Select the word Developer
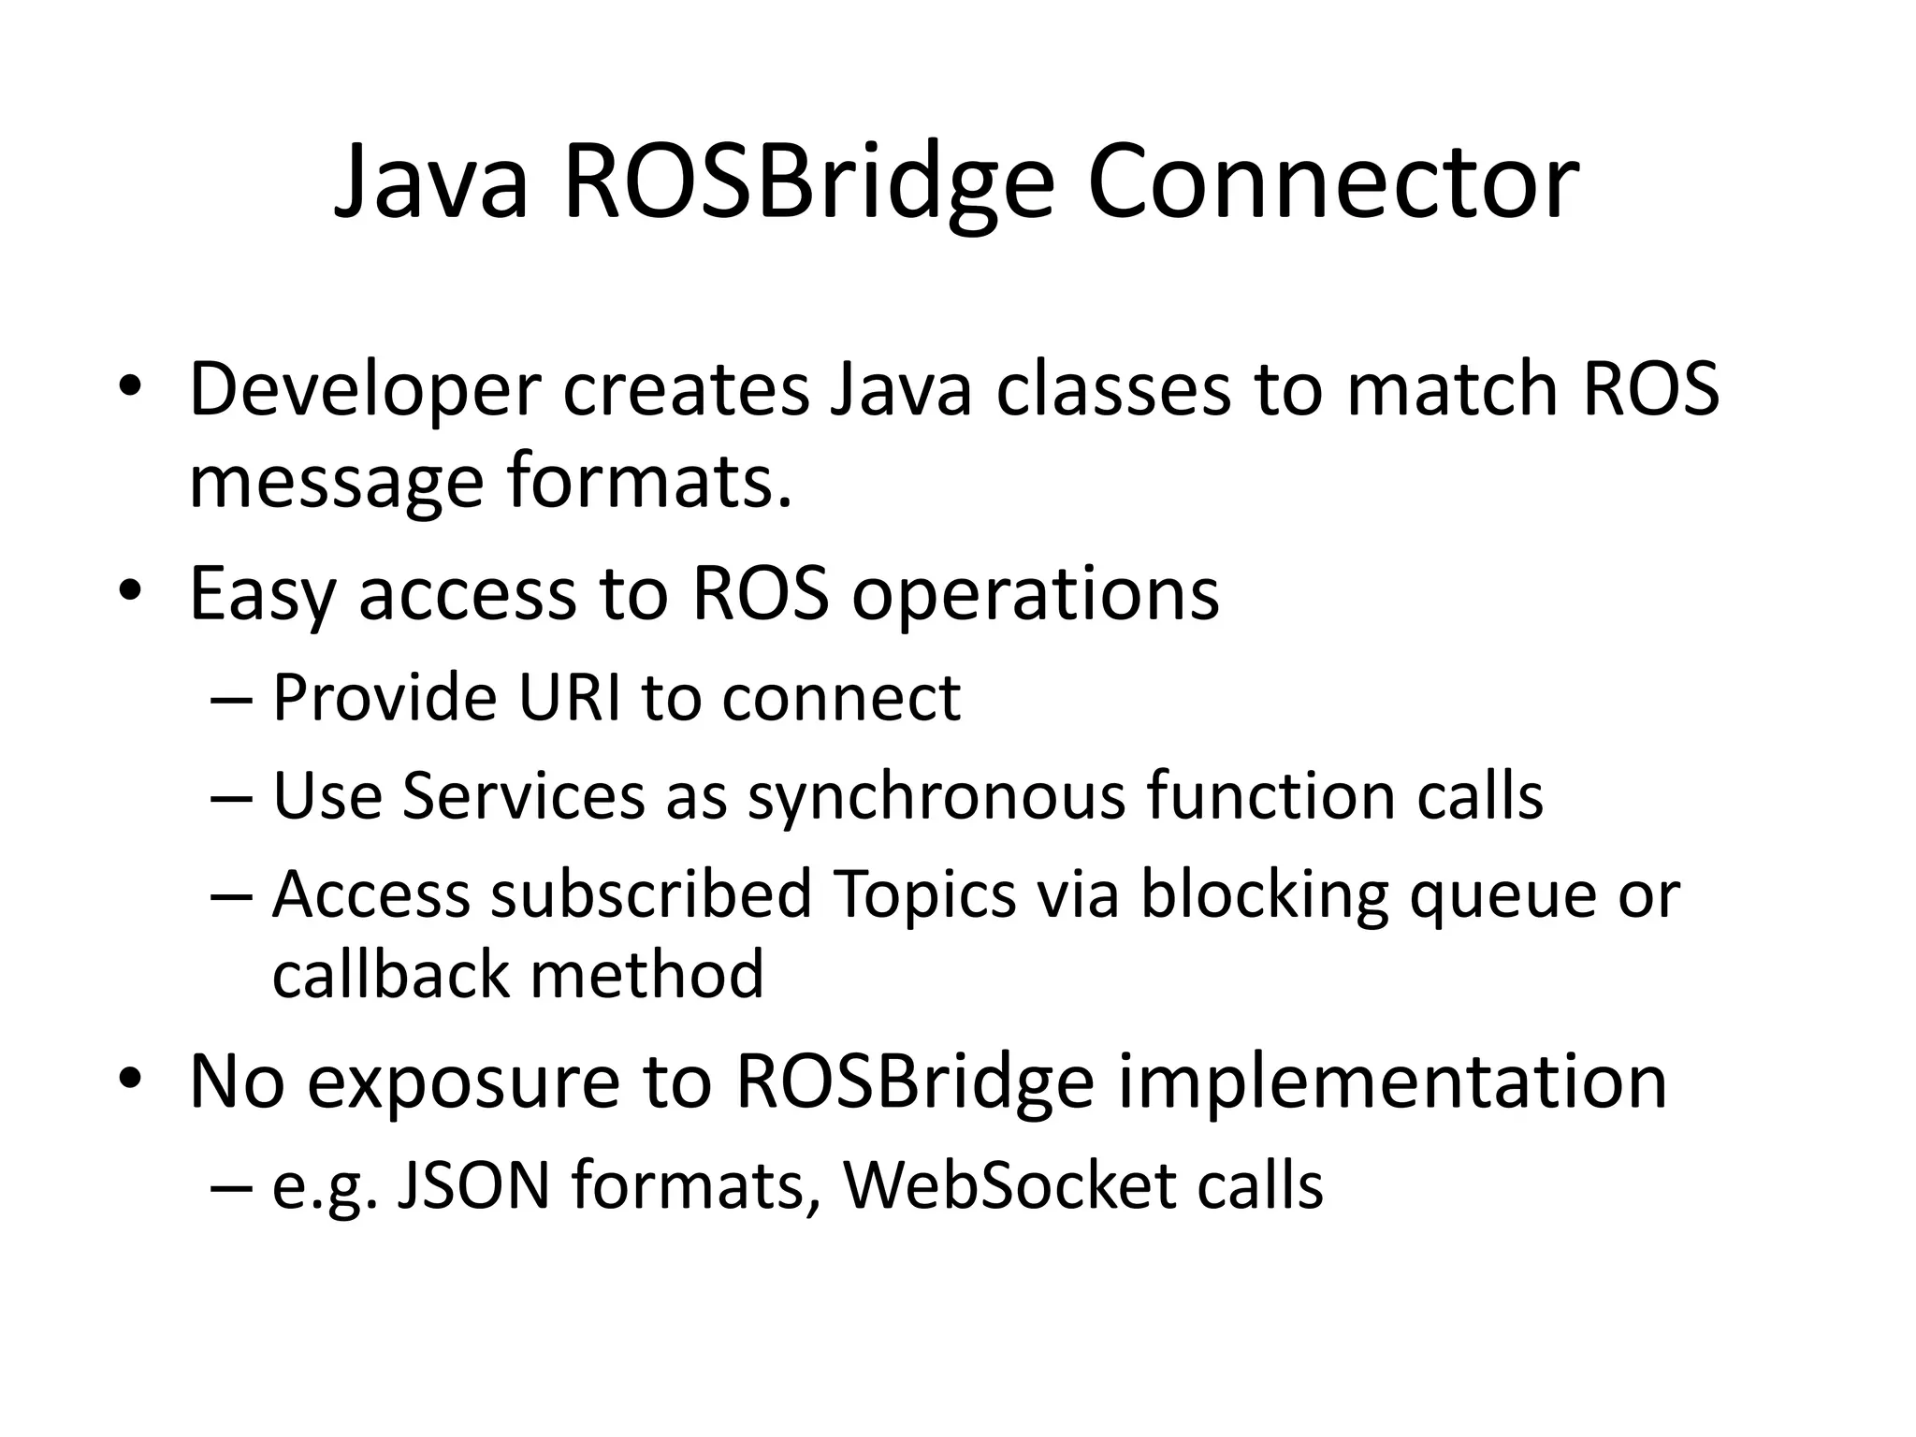[x=365, y=389]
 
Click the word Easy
[x=263, y=594]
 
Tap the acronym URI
[x=569, y=698]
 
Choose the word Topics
[x=924, y=894]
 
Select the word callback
[x=390, y=975]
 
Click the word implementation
[x=1393, y=1083]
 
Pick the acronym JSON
[x=472, y=1185]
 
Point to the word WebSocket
[x=1008, y=1185]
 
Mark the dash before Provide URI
[x=231, y=700]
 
